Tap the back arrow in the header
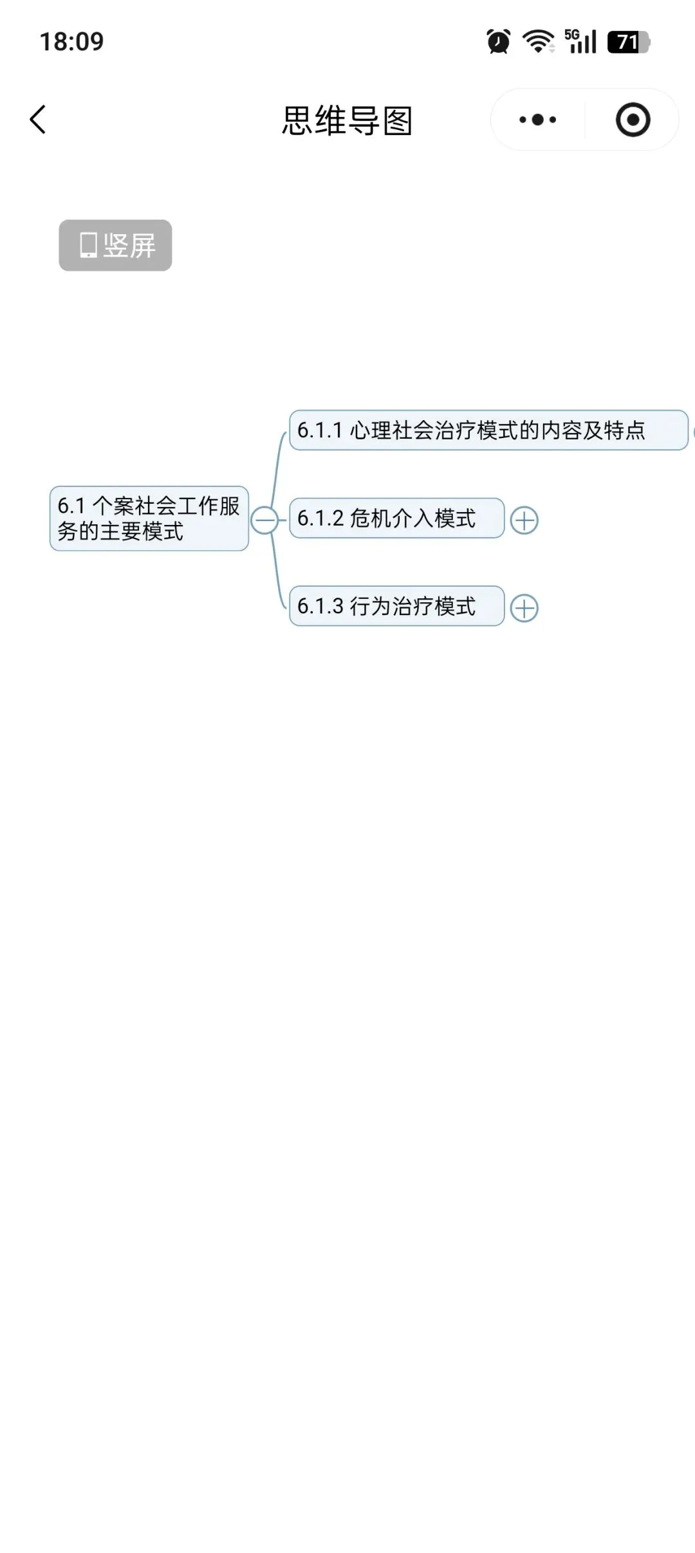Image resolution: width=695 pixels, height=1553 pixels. (38, 120)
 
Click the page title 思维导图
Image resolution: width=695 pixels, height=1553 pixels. (347, 120)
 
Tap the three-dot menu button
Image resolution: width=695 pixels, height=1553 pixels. (538, 120)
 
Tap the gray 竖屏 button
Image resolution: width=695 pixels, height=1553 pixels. (115, 245)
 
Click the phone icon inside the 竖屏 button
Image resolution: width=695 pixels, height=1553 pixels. (88, 245)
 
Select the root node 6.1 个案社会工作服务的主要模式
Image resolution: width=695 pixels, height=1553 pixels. (149, 519)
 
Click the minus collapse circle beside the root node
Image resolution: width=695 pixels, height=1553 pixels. (264, 520)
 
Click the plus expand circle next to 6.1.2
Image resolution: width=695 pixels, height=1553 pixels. (524, 520)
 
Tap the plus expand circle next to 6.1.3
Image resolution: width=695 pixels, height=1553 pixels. (524, 609)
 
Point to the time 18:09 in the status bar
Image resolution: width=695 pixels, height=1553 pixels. (71, 42)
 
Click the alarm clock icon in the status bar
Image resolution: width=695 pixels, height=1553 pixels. (499, 42)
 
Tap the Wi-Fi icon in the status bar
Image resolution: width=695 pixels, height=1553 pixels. (538, 42)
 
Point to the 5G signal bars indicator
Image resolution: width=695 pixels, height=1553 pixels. (580, 42)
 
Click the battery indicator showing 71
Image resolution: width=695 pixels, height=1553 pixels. (629, 42)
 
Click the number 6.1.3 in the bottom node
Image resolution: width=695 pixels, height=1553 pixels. (320, 606)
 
